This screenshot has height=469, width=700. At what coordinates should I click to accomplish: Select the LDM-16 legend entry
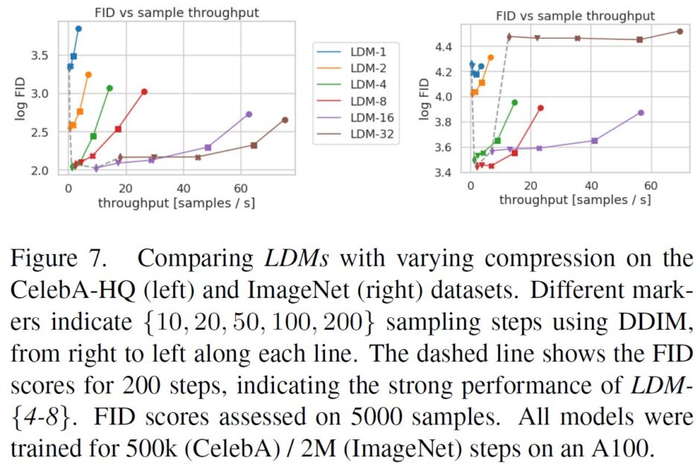pos(368,118)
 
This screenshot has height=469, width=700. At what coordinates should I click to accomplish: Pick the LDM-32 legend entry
pos(368,134)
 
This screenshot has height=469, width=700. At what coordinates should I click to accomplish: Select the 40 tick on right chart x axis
pos(591,186)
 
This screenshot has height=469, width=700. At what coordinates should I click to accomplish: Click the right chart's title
pos(576,15)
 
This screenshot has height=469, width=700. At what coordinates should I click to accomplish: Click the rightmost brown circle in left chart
pos(285,120)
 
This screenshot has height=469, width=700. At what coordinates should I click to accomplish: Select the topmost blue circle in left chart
pos(78,28)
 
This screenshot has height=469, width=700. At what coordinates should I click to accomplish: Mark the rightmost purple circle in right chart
pos(640,112)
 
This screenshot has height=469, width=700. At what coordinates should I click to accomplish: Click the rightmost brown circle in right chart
pos(680,31)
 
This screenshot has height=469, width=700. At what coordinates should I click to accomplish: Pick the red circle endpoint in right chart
pos(541,108)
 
